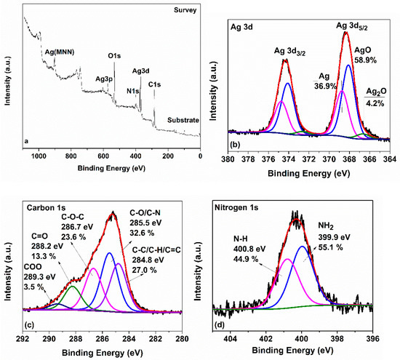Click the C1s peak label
pos(154,84)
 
